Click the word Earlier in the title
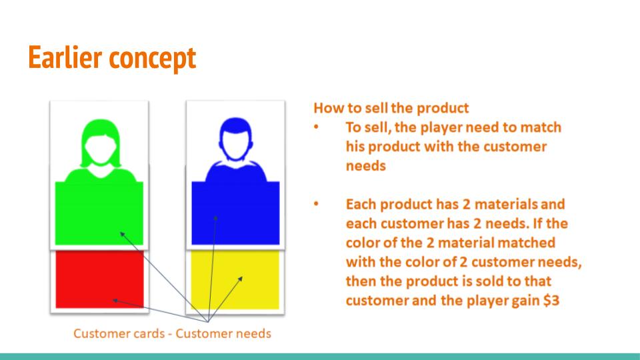tap(65, 57)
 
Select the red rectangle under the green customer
tap(99, 279)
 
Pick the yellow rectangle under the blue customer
tap(235, 279)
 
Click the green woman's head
tap(101, 143)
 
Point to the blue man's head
tap(236, 139)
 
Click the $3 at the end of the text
tap(551, 301)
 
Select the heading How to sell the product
tap(391, 108)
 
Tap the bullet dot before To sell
tap(316, 127)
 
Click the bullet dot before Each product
tap(316, 204)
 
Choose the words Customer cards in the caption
tap(119, 333)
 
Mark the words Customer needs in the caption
tap(223, 333)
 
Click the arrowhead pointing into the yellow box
tap(241, 279)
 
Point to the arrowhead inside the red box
tap(115, 301)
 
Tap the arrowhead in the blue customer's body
tap(215, 219)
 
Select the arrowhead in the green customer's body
tap(122, 234)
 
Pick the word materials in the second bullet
tap(506, 204)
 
